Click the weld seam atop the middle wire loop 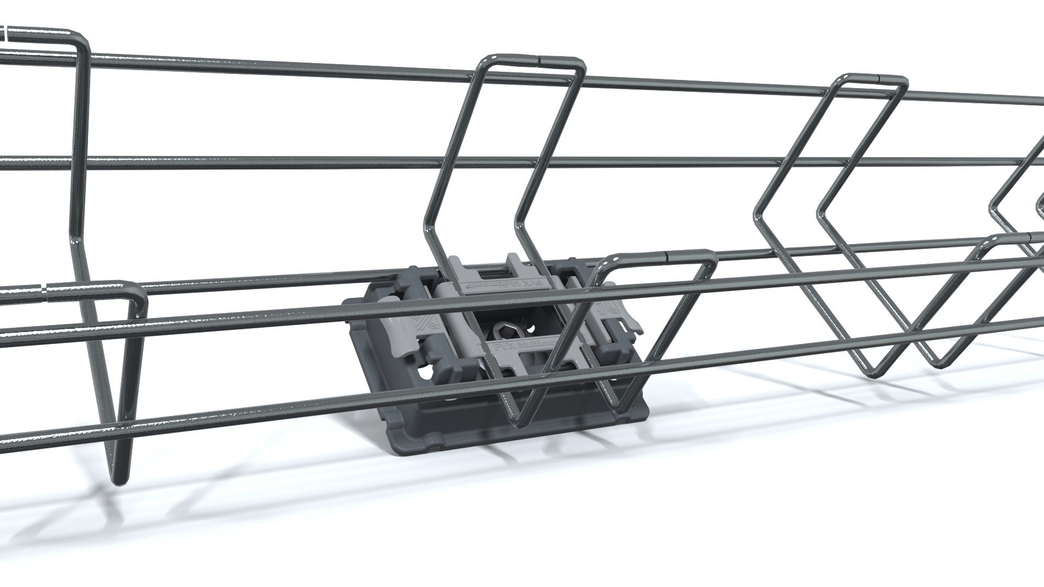539,56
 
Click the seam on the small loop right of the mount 667,253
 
